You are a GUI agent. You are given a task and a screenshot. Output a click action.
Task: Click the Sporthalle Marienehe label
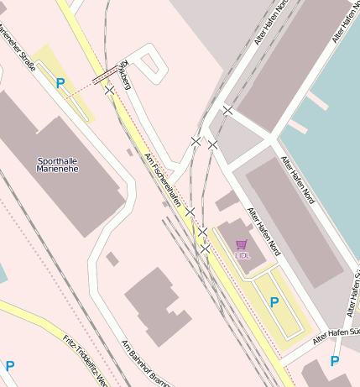tap(60, 164)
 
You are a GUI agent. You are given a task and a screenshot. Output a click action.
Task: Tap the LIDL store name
tap(242, 254)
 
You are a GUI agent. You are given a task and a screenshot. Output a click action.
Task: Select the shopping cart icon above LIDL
tap(242, 244)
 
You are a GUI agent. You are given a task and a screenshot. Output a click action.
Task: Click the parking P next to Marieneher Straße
tap(60, 83)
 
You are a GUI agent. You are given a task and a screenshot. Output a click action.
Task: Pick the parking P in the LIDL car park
tap(274, 301)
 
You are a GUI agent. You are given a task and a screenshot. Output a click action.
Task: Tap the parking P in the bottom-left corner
tap(10, 366)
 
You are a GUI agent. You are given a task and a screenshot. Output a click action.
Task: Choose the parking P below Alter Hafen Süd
tap(335, 361)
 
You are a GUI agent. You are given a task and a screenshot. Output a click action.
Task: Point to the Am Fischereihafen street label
tap(162, 180)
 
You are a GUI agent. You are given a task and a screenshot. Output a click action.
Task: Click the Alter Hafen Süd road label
tap(335, 335)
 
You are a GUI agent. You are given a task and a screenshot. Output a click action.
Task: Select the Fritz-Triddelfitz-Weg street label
tap(85, 360)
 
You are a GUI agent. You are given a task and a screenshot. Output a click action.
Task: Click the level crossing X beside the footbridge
tap(110, 90)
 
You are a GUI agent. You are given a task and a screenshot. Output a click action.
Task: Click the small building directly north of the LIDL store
tap(226, 201)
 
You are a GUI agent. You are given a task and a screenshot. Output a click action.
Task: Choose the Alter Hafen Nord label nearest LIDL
tap(263, 232)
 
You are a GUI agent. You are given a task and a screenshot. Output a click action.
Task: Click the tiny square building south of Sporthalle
tap(112, 259)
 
